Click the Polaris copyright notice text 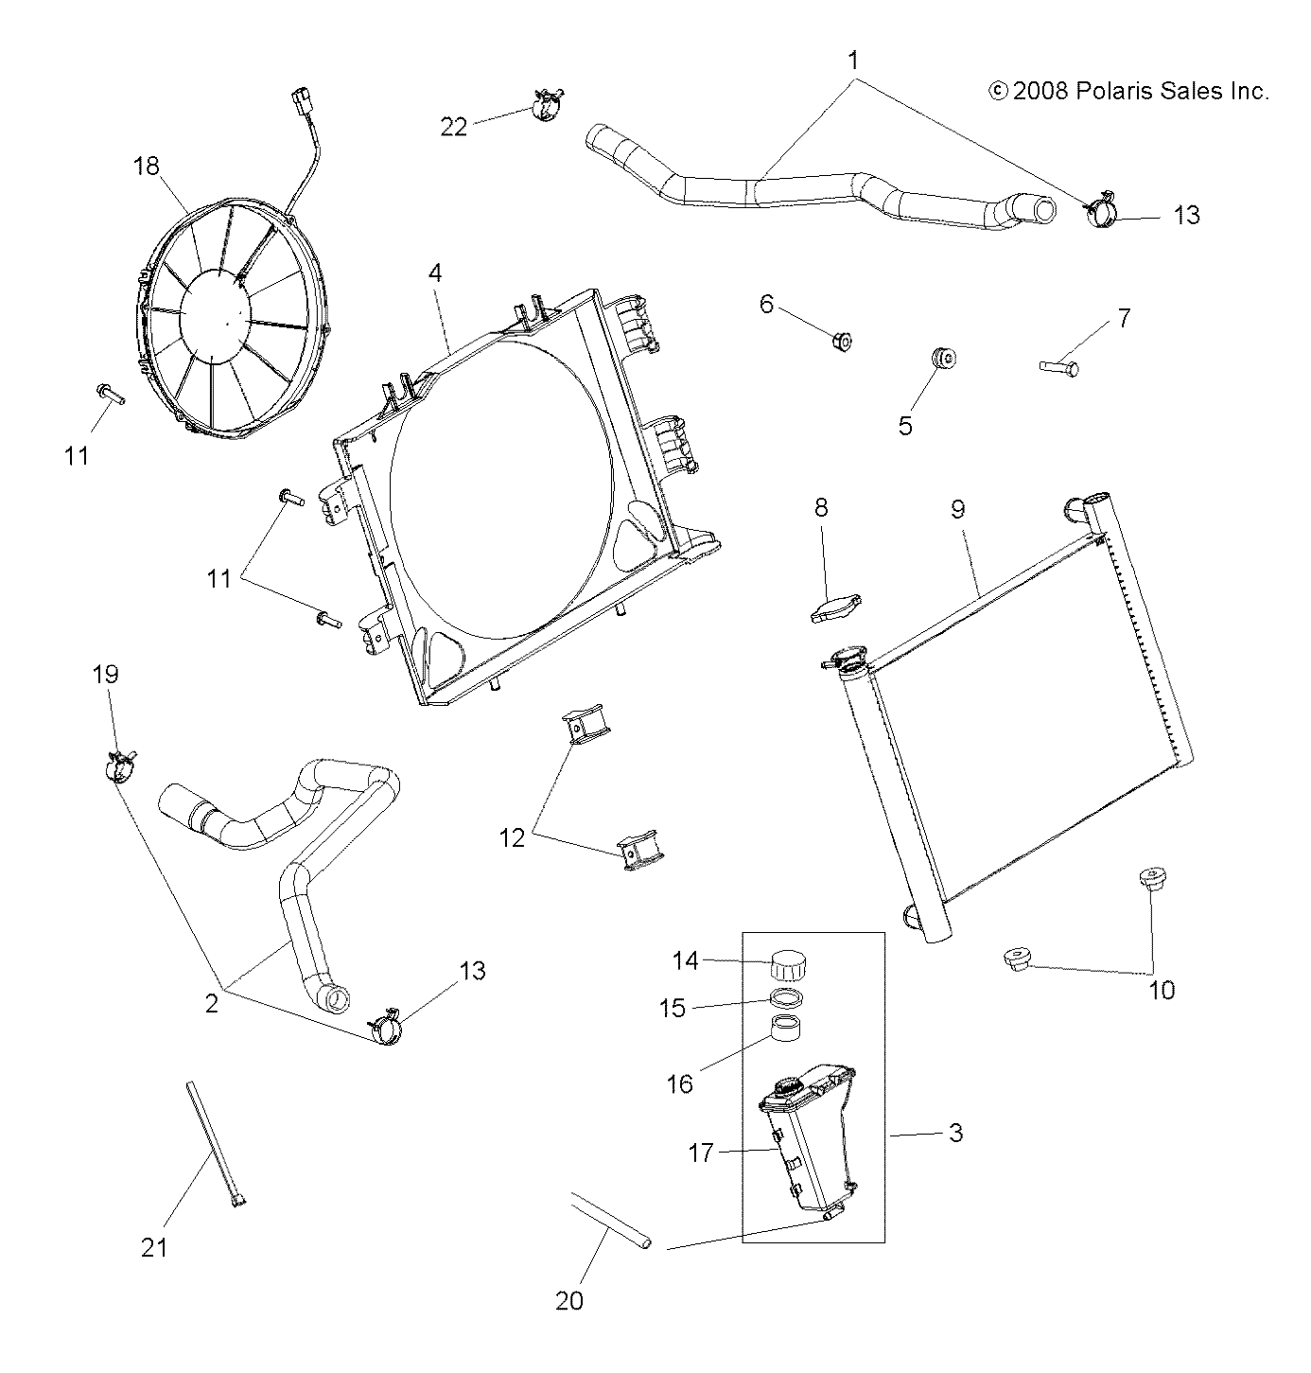click(1127, 91)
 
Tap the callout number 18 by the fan click(147, 167)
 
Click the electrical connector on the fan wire click(302, 103)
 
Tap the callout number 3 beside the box click(955, 1132)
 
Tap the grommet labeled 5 click(943, 360)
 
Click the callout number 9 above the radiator click(957, 509)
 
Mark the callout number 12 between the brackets click(512, 837)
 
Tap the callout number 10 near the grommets click(1161, 990)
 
